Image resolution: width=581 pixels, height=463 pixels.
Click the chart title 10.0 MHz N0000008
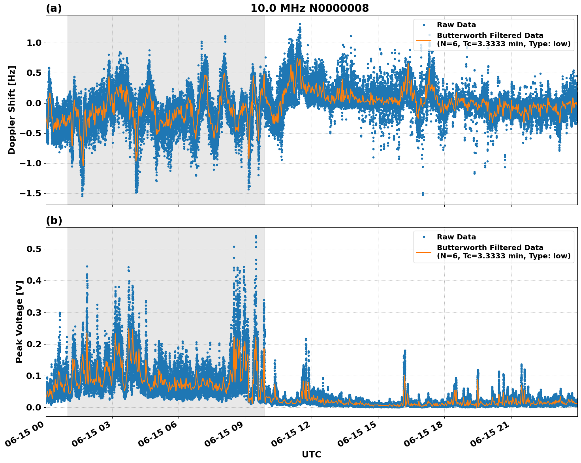pyautogui.click(x=309, y=8)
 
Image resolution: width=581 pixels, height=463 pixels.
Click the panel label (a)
pyautogui.click(x=54, y=8)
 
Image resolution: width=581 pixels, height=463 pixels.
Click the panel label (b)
pyautogui.click(x=54, y=220)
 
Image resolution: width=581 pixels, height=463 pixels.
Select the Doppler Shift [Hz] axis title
pyautogui.click(x=12, y=110)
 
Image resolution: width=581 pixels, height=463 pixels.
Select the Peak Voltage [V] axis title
pyautogui.click(x=19, y=322)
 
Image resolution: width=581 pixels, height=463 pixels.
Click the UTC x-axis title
pyautogui.click(x=311, y=454)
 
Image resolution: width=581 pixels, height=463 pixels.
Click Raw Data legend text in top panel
pyautogui.click(x=456, y=25)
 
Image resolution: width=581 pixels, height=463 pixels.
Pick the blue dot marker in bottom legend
pyautogui.click(x=423, y=237)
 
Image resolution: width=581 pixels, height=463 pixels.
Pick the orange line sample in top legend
pyautogui.click(x=423, y=40)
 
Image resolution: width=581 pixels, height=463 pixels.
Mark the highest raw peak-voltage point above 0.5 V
pyautogui.click(x=256, y=236)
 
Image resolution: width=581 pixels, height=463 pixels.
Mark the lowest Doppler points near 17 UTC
pyautogui.click(x=423, y=194)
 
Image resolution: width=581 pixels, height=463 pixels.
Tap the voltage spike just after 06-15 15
pyautogui.click(x=404, y=351)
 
